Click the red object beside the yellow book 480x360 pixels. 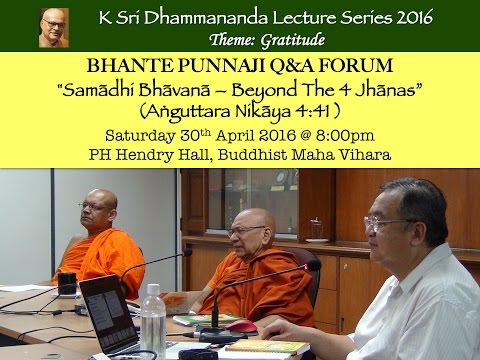tap(240, 326)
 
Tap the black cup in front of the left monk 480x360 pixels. tap(67, 283)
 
